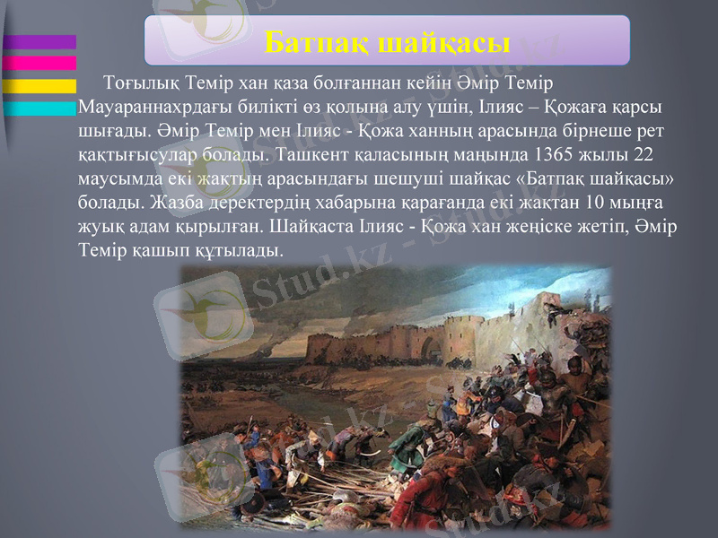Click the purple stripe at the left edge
[39, 42]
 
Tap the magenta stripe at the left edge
[39, 63]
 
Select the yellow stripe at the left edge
[39, 86]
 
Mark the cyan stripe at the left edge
[39, 108]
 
